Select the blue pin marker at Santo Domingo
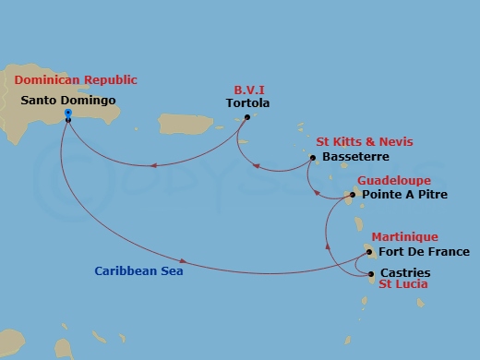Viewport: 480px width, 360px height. pyautogui.click(x=68, y=115)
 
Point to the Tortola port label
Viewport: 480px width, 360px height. pyautogui.click(x=247, y=104)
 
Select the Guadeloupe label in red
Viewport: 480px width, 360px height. pyautogui.click(x=393, y=181)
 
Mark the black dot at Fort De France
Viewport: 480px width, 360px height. pyautogui.click(x=369, y=252)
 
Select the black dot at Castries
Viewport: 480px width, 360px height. pyautogui.click(x=370, y=274)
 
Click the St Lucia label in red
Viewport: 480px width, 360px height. pyautogui.click(x=402, y=285)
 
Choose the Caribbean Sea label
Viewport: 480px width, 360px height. pyautogui.click(x=138, y=271)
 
